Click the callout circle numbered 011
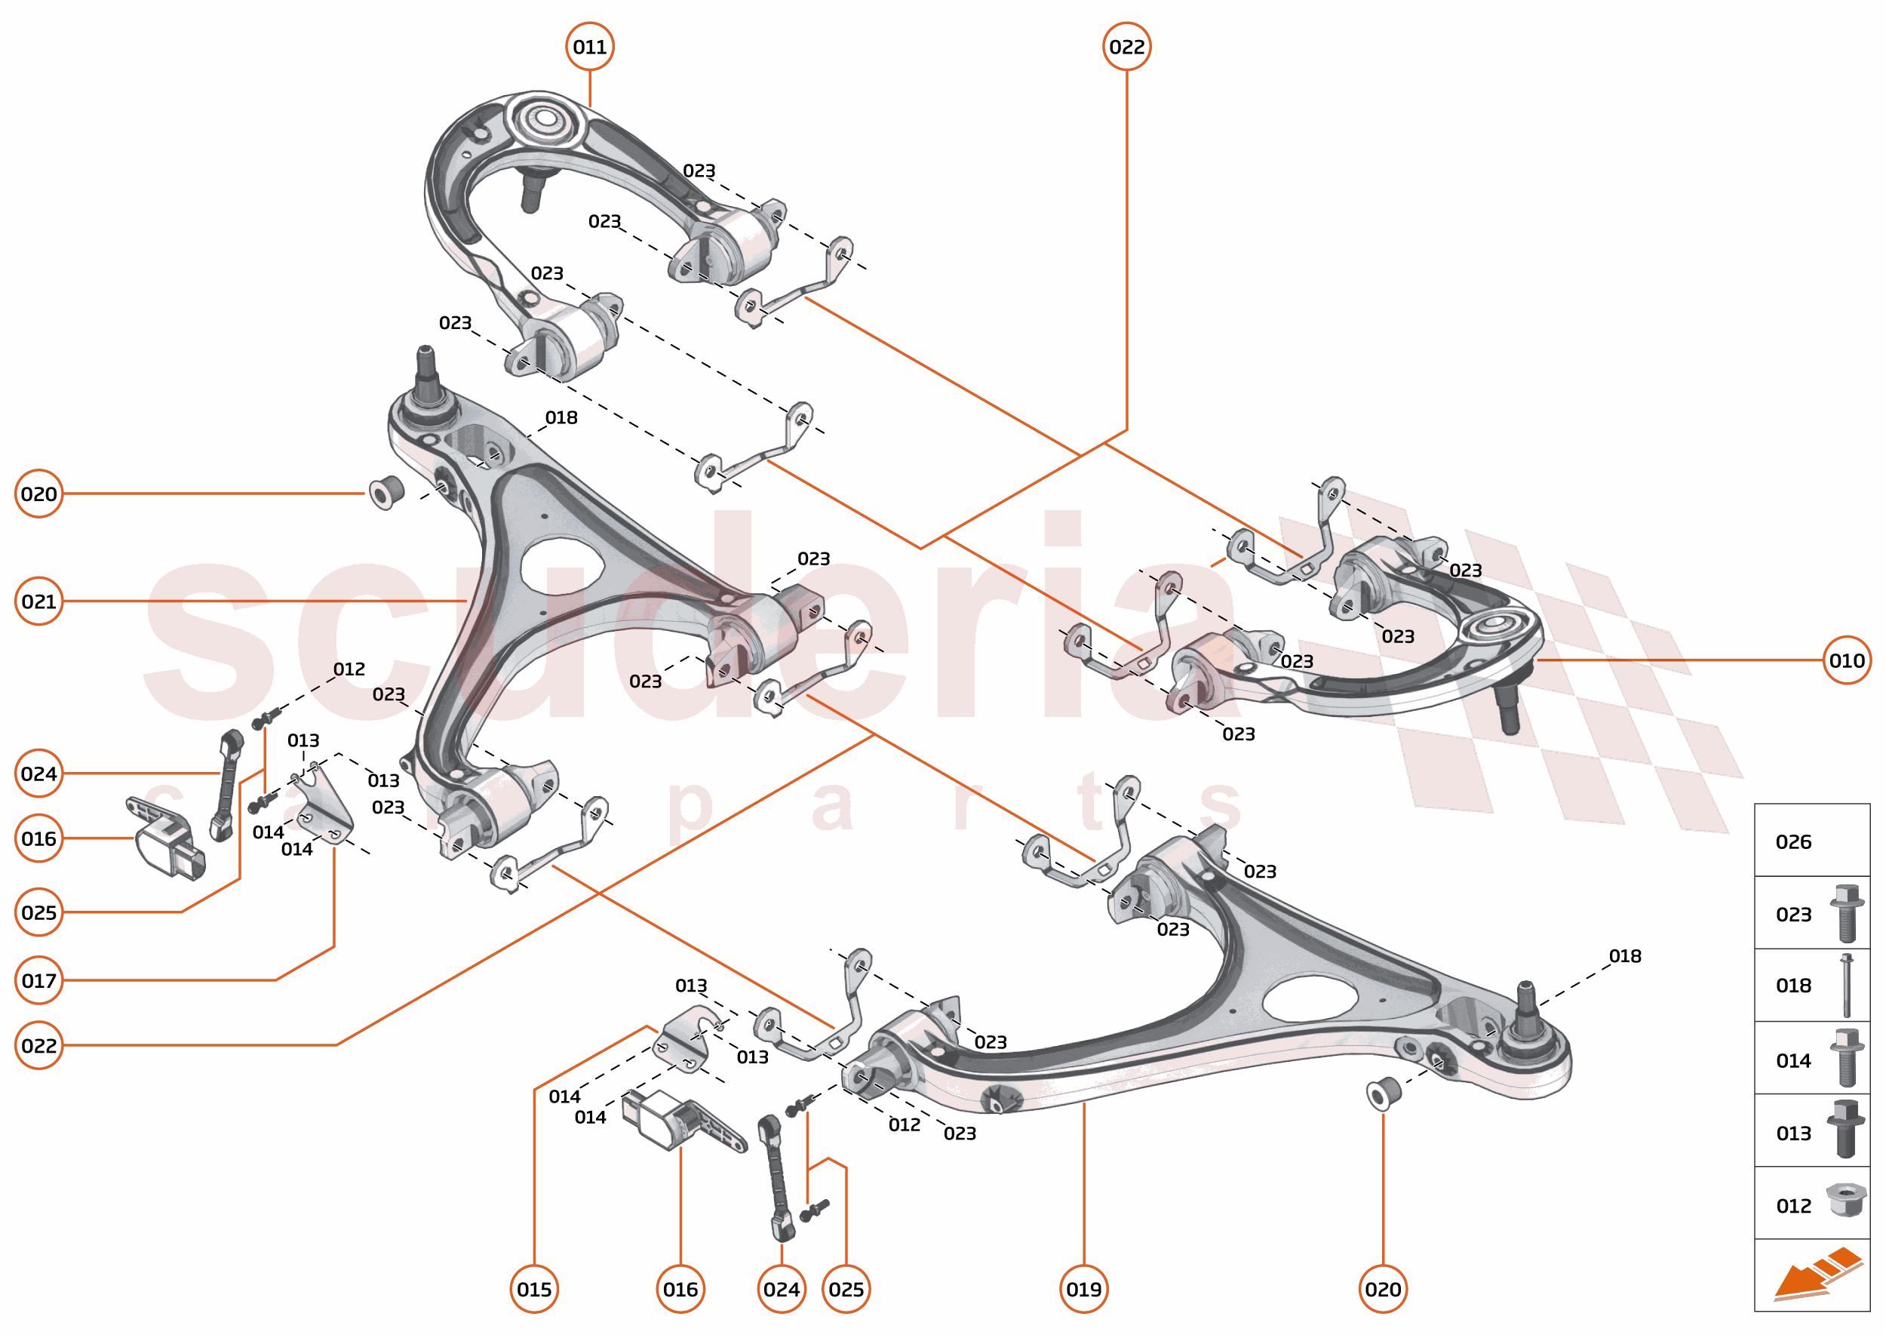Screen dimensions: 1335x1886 pyautogui.click(x=589, y=47)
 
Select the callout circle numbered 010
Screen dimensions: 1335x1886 pyautogui.click(x=1847, y=660)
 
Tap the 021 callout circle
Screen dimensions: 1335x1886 pyautogui.click(x=38, y=601)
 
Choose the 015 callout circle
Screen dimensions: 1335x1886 pyautogui.click(x=534, y=1289)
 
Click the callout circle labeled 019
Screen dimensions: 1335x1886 pyautogui.click(x=1084, y=1289)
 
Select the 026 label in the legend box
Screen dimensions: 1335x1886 pyautogui.click(x=1793, y=841)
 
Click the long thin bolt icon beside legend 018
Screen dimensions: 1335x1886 pyautogui.click(x=1847, y=986)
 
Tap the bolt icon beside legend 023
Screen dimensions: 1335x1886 pyautogui.click(x=1846, y=913)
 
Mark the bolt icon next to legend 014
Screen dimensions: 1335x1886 pyautogui.click(x=1846, y=1059)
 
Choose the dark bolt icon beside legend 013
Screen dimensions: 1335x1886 pyautogui.click(x=1846, y=1130)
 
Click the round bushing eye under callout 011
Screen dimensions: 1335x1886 pyautogui.click(x=543, y=120)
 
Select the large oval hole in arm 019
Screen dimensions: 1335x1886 pyautogui.click(x=1308, y=998)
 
